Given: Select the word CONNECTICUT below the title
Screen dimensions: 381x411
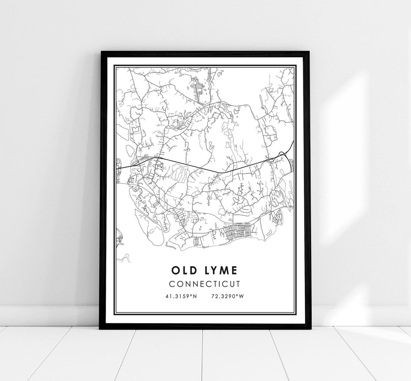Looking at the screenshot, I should click(x=205, y=284).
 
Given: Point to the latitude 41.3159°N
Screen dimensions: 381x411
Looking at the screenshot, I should click(x=181, y=296).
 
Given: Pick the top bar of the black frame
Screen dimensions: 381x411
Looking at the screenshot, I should click(x=205, y=53).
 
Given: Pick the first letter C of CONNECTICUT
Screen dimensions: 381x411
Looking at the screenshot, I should click(x=172, y=284).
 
